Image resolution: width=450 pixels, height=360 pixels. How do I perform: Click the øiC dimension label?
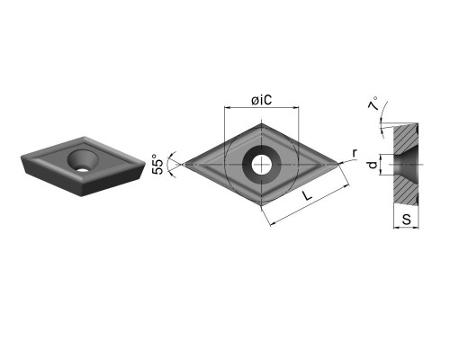[262, 100]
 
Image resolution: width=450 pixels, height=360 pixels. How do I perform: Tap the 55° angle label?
[158, 165]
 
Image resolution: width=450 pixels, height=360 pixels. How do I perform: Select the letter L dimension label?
[307, 196]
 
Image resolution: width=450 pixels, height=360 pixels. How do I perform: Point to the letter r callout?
[355, 153]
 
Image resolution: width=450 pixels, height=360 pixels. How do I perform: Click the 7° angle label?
[373, 103]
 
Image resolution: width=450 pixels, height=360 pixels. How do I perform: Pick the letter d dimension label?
[373, 165]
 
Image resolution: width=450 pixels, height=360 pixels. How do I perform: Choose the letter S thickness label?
[407, 220]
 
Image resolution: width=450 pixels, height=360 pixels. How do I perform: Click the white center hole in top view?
[261, 165]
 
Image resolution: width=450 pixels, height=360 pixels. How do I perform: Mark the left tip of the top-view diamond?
[184, 165]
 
